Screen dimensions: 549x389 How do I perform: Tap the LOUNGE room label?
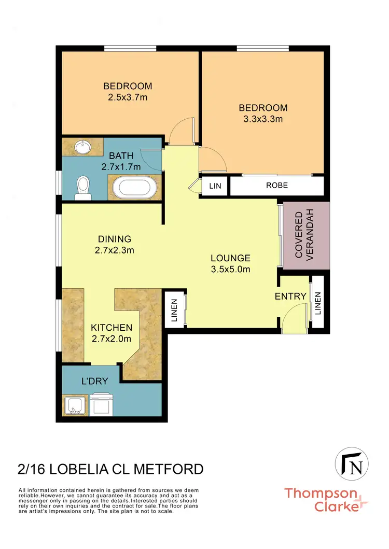[x=230, y=258]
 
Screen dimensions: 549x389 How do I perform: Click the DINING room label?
[x=115, y=239]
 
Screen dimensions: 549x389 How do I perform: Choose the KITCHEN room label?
[x=112, y=328]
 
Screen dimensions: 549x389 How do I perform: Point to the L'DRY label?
[x=94, y=382]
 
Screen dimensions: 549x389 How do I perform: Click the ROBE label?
[x=277, y=186]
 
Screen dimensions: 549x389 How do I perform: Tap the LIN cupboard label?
[x=215, y=186]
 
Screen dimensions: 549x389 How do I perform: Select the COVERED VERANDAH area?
[x=307, y=235]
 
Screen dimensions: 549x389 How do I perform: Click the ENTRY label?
[x=291, y=297]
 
